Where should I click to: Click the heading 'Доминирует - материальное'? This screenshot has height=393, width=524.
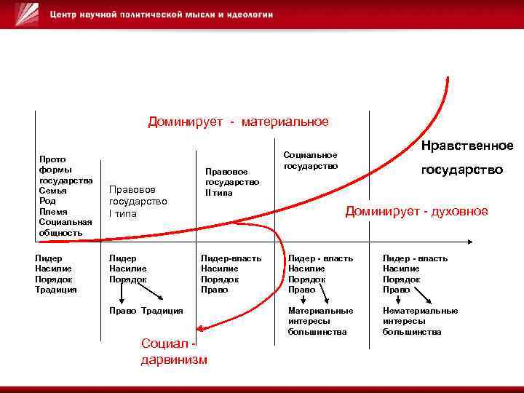tap(238, 122)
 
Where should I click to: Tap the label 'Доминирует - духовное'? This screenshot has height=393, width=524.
tap(416, 211)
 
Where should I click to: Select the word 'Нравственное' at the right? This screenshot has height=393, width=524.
tap(467, 146)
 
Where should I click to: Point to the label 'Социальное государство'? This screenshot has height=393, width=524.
tap(311, 160)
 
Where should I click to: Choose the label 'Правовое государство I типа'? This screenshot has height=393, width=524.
tap(138, 201)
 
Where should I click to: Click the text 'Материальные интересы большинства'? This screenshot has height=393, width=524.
tap(321, 321)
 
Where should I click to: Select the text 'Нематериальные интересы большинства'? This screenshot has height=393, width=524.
tap(420, 321)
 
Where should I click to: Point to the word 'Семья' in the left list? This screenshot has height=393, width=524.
tap(53, 190)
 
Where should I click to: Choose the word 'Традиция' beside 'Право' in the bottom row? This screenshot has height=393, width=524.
tap(162, 311)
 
